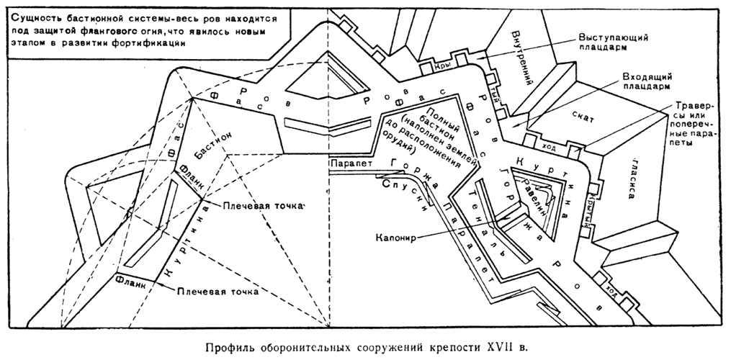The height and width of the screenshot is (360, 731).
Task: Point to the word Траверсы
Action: (695, 112)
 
